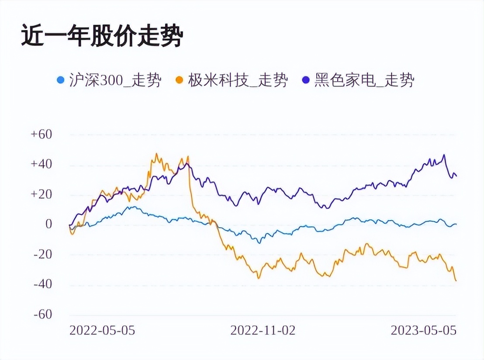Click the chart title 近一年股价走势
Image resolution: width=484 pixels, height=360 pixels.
pyautogui.click(x=101, y=37)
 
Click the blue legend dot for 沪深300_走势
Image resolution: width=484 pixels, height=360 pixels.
pyautogui.click(x=61, y=80)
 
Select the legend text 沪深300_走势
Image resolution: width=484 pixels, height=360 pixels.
pyautogui.click(x=115, y=80)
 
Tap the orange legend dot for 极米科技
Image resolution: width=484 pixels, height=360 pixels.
pyautogui.click(x=179, y=80)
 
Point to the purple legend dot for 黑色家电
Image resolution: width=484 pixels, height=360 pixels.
pyautogui.click(x=306, y=80)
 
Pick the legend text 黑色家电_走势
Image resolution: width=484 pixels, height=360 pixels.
pyautogui.click(x=364, y=80)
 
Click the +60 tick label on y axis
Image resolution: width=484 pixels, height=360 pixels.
pyautogui.click(x=41, y=135)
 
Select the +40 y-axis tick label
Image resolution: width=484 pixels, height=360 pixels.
pyautogui.click(x=41, y=165)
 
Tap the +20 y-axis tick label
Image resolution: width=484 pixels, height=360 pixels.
pyautogui.click(x=41, y=194)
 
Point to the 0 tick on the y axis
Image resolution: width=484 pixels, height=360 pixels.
pyautogui.click(x=48, y=225)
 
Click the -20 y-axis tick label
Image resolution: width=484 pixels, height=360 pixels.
pyautogui.click(x=42, y=254)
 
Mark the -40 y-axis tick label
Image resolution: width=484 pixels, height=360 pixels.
pyautogui.click(x=42, y=284)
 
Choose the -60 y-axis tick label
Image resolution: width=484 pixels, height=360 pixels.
pyautogui.click(x=42, y=315)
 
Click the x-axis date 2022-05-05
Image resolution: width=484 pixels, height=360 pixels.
pyautogui.click(x=102, y=330)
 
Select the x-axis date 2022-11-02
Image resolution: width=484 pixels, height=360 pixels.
pyautogui.click(x=263, y=330)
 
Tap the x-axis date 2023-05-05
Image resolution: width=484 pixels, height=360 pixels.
pyautogui.click(x=423, y=330)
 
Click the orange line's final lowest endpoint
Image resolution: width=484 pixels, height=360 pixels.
pyautogui.click(x=456, y=280)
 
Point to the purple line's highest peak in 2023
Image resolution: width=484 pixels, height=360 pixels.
pyautogui.click(x=444, y=155)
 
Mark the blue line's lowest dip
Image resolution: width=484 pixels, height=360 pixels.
pyautogui.click(x=259, y=242)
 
